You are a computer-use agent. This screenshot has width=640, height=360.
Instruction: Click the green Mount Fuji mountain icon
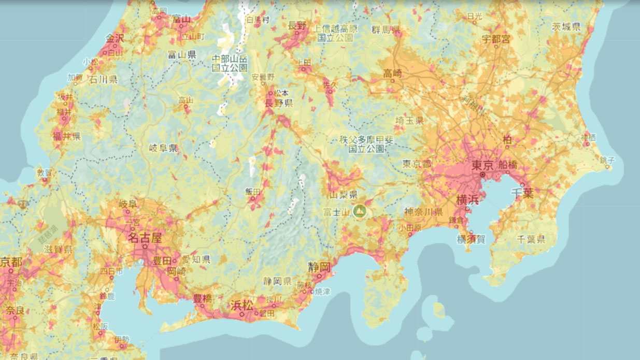pyautogui.click(x=359, y=211)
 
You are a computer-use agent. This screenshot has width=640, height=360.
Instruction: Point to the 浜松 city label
pyautogui.click(x=241, y=305)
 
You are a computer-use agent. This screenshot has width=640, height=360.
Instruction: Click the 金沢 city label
pyautogui.click(x=115, y=38)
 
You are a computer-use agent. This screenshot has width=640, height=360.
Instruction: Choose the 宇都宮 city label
pyautogui.click(x=495, y=39)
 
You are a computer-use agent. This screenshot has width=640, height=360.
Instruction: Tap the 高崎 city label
pyautogui.click(x=392, y=74)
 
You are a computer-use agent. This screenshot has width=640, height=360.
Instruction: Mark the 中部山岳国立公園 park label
pyautogui.click(x=230, y=63)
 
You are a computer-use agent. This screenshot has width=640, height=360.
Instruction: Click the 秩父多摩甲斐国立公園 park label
pyautogui.click(x=366, y=143)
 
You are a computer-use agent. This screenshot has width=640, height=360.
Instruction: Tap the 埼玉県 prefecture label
pyautogui.click(x=409, y=120)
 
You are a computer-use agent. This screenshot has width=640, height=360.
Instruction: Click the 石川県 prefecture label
pyautogui.click(x=103, y=79)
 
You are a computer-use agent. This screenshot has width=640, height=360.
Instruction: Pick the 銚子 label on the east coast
pyautogui.click(x=607, y=160)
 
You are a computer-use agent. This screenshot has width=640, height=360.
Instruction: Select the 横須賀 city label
pyautogui.click(x=471, y=239)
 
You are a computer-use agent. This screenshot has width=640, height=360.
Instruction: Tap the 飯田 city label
pyautogui.click(x=253, y=192)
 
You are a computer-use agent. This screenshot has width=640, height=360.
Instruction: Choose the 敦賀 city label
pyautogui.click(x=45, y=172)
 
